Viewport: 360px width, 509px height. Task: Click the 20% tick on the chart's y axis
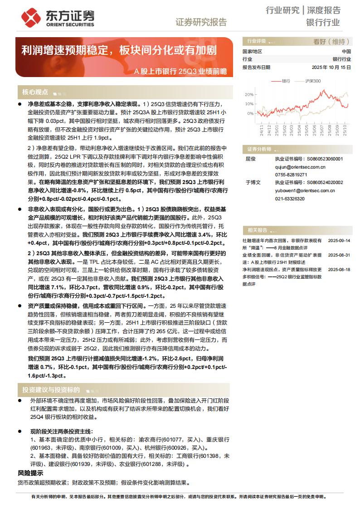pos(249,95)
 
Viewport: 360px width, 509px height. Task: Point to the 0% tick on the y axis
pos(250,113)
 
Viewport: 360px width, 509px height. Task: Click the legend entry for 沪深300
pos(308,81)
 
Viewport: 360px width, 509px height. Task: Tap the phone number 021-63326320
pos(290,199)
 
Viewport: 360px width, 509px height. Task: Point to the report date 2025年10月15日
pos(331,67)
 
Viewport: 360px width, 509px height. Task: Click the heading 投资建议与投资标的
pos(51,390)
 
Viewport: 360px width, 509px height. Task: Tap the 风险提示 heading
pos(31,473)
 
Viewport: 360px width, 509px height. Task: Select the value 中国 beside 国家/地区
pos(346,52)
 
